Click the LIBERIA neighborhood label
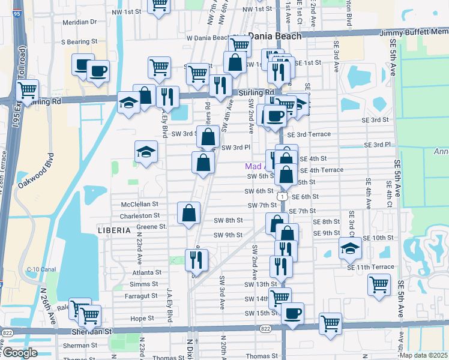pos(114,230)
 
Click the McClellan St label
pos(139,204)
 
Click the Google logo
pos(20,353)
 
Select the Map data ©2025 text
pos(424,355)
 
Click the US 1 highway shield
pos(281,196)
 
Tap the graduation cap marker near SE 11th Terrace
pos(349,248)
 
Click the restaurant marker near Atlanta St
pos(196,260)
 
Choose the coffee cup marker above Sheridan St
pos(292,313)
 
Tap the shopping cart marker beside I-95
pos(28,91)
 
